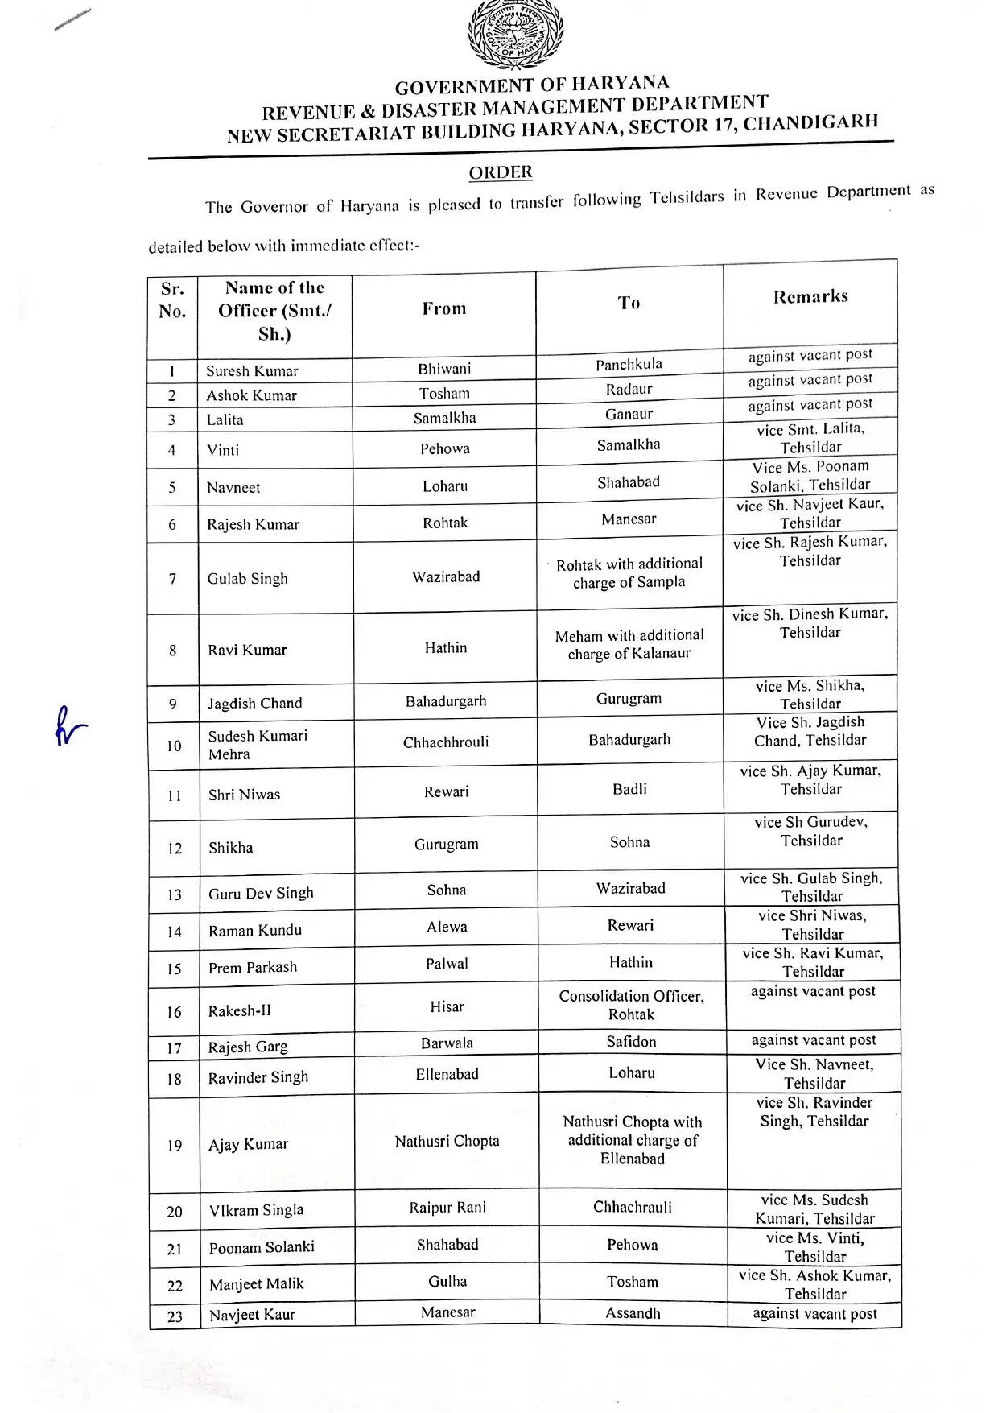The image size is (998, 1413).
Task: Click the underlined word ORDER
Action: (501, 172)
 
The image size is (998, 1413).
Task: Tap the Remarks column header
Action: (810, 296)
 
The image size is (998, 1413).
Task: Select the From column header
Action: (444, 308)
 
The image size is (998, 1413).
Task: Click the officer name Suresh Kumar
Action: (252, 371)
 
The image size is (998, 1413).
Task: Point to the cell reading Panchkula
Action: (629, 365)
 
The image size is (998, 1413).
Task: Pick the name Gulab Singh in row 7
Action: (247, 578)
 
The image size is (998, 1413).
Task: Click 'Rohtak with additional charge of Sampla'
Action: (629, 572)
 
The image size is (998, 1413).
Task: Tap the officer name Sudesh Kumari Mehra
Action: (258, 745)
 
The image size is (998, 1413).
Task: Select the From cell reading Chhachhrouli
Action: (446, 742)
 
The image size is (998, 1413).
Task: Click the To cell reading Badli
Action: (629, 789)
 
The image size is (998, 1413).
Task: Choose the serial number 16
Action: (174, 1011)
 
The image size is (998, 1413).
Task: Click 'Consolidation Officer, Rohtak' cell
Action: (632, 1005)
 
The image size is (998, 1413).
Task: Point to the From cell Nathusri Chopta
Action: (447, 1141)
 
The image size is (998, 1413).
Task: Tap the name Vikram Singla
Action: (256, 1210)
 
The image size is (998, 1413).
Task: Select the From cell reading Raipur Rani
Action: (447, 1207)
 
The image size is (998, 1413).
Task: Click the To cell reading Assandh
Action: (633, 1313)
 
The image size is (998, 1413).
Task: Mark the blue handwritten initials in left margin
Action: (69, 726)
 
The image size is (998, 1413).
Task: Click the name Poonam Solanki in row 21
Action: (262, 1247)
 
